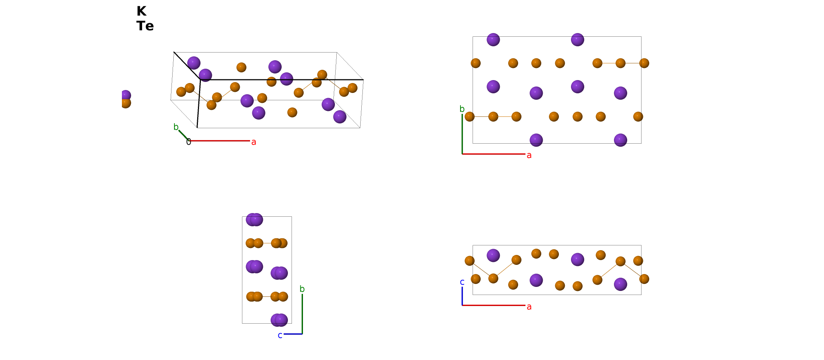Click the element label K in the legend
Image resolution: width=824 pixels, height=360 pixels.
141,11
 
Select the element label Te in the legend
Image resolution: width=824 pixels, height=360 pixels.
145,26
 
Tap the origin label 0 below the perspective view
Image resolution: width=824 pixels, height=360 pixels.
188,142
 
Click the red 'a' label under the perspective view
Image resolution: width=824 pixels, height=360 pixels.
253,142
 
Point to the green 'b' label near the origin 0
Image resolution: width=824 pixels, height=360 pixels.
176,127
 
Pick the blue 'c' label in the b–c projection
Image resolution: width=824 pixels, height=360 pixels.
280,335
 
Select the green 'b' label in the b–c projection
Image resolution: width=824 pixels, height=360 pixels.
302,289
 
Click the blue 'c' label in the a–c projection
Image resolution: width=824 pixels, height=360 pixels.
462,282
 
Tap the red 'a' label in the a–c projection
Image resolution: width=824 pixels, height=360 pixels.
529,307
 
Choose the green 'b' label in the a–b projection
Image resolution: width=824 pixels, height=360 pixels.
462,109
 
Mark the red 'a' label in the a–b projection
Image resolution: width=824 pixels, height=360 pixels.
529,155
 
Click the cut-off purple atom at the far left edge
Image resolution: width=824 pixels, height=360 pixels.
126,95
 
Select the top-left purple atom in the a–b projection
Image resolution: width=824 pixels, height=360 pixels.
493,40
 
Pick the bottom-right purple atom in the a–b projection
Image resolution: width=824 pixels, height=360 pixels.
620,140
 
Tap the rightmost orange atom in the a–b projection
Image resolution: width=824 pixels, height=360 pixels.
644,63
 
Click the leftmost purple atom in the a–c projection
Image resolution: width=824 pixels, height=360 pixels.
493,255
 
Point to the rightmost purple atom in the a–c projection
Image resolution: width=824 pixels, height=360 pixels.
620,284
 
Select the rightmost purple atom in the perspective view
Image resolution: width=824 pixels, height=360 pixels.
340,117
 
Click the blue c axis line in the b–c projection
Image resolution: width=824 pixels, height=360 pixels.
293,334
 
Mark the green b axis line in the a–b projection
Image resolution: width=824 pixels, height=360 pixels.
462,134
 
